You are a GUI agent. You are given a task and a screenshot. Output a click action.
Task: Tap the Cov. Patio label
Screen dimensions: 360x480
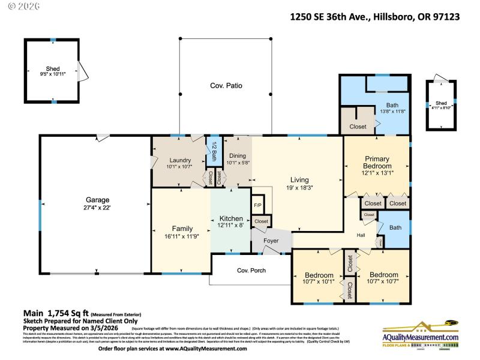[226, 86]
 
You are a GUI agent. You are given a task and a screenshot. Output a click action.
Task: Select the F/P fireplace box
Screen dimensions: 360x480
[257, 205]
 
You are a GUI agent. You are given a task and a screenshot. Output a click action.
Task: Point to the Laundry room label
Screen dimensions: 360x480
[180, 160]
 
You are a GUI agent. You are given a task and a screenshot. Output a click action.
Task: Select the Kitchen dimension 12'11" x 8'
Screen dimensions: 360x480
[230, 226]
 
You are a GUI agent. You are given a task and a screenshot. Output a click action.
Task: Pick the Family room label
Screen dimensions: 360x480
[182, 229]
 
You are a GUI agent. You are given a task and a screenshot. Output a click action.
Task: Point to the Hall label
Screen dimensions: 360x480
[361, 235]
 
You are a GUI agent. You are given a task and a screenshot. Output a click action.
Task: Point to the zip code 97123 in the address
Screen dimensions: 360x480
[445, 17]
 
